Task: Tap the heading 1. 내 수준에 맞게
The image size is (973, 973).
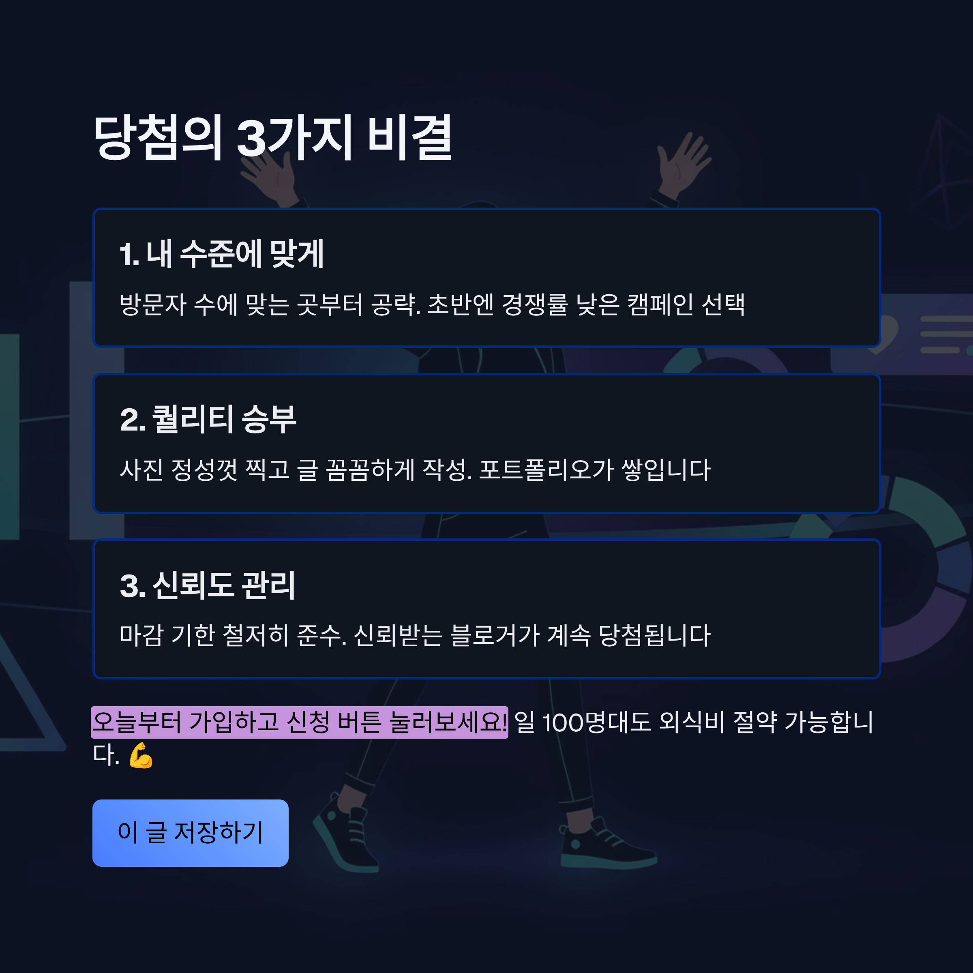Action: coord(222,254)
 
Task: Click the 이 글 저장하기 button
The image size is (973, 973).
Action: coord(191,832)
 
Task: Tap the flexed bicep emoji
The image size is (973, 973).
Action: coord(141,755)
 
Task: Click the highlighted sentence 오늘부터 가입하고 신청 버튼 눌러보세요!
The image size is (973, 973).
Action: coord(299,722)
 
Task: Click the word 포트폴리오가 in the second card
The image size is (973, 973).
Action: coord(547,470)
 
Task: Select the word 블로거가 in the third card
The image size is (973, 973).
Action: coord(495,635)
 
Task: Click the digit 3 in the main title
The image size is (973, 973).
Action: coord(251,139)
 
